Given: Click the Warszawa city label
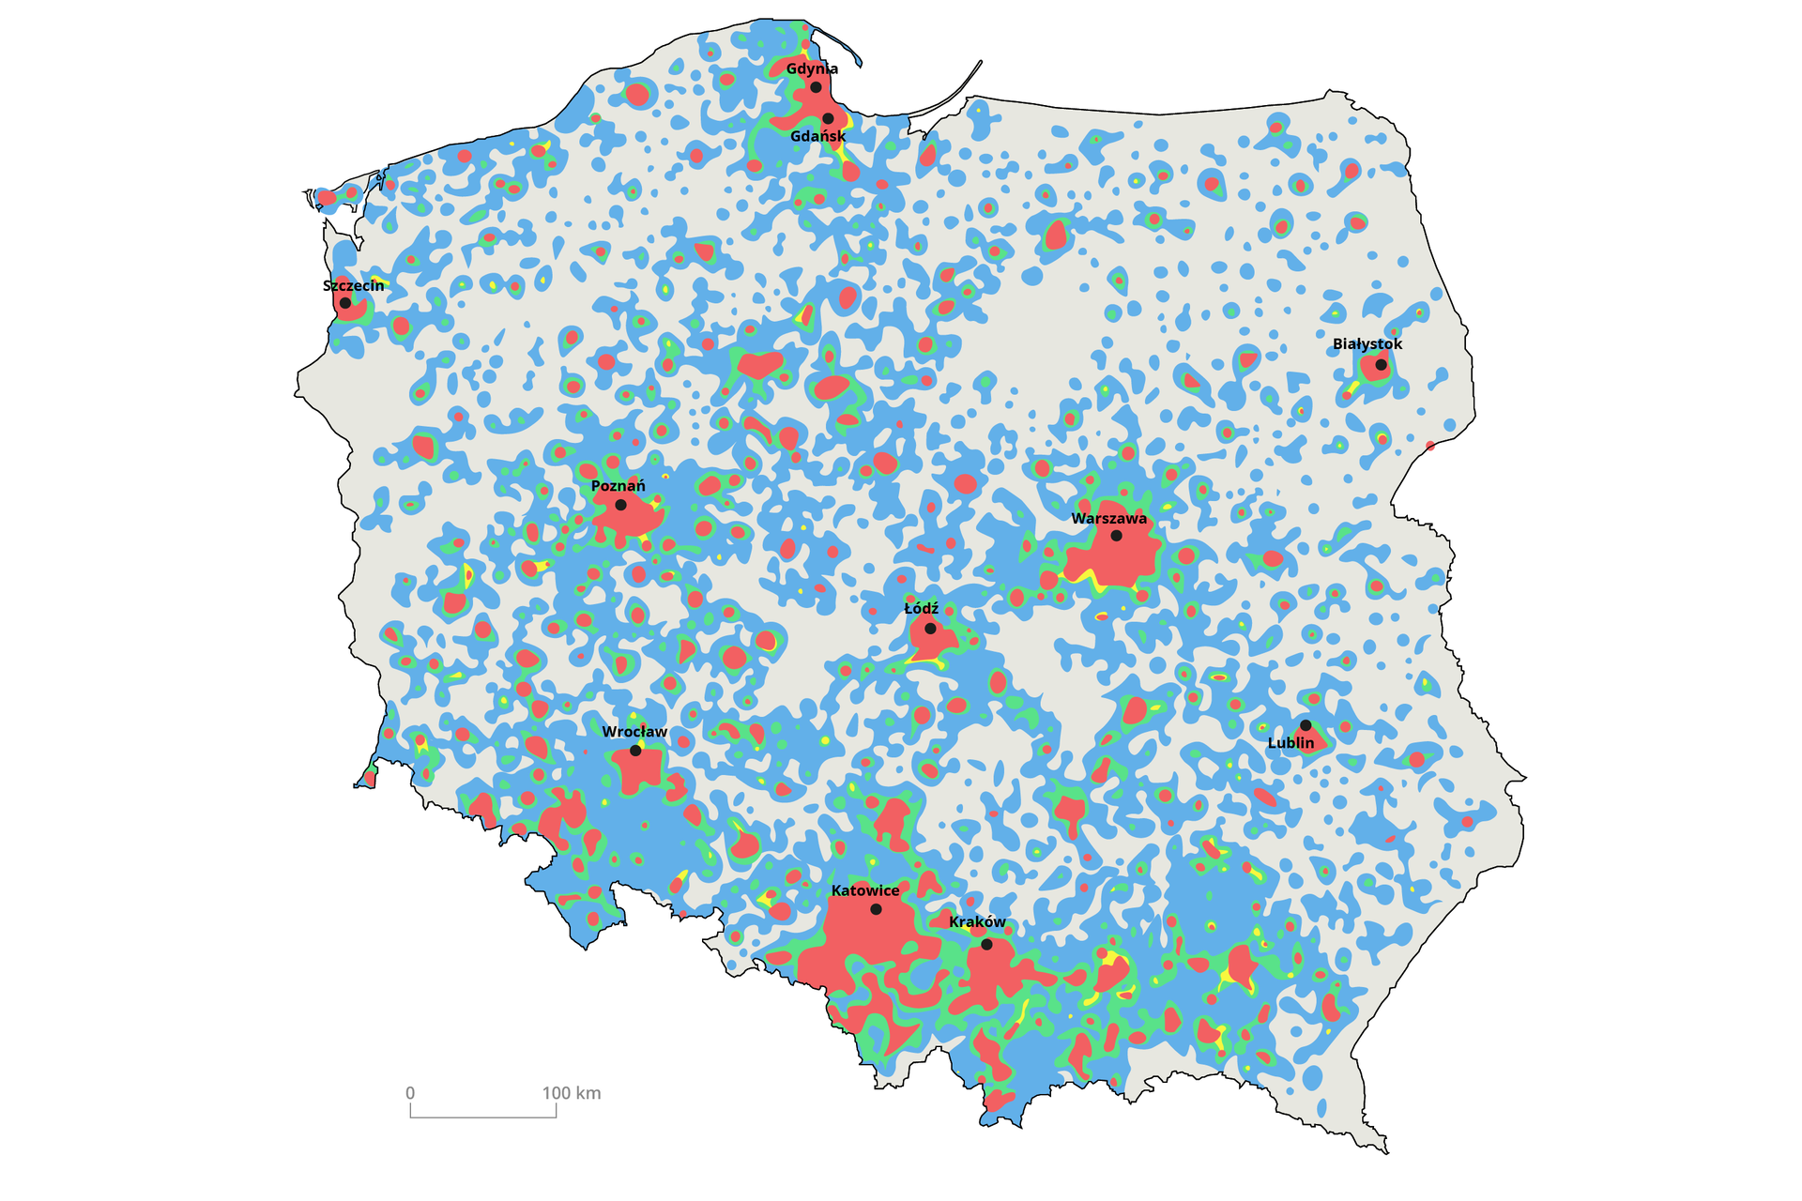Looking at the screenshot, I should point(1108,519).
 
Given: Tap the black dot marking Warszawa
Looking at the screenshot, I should point(1116,536).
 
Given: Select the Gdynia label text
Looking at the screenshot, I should point(812,68).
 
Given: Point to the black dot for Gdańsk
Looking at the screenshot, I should point(828,118).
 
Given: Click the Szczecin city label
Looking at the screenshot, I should point(353,285).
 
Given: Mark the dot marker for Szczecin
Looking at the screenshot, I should point(345,303).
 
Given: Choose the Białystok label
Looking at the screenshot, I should point(1367,344).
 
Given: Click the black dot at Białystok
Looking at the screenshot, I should point(1381,364).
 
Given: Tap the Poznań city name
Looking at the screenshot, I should point(618,486).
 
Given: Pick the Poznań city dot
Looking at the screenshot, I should point(620,505).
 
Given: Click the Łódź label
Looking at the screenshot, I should point(921,609).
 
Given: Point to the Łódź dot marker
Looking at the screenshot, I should point(930,629).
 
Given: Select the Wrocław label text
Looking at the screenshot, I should point(634,732).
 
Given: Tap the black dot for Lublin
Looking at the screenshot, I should point(1306,725).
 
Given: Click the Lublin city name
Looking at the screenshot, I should point(1290,743).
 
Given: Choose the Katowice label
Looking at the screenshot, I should point(864,890).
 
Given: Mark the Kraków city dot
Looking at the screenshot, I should point(986,944).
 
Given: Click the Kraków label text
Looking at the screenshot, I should point(977,922).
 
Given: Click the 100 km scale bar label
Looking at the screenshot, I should point(571,1093).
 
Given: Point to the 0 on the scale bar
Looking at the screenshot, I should point(410,1093).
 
